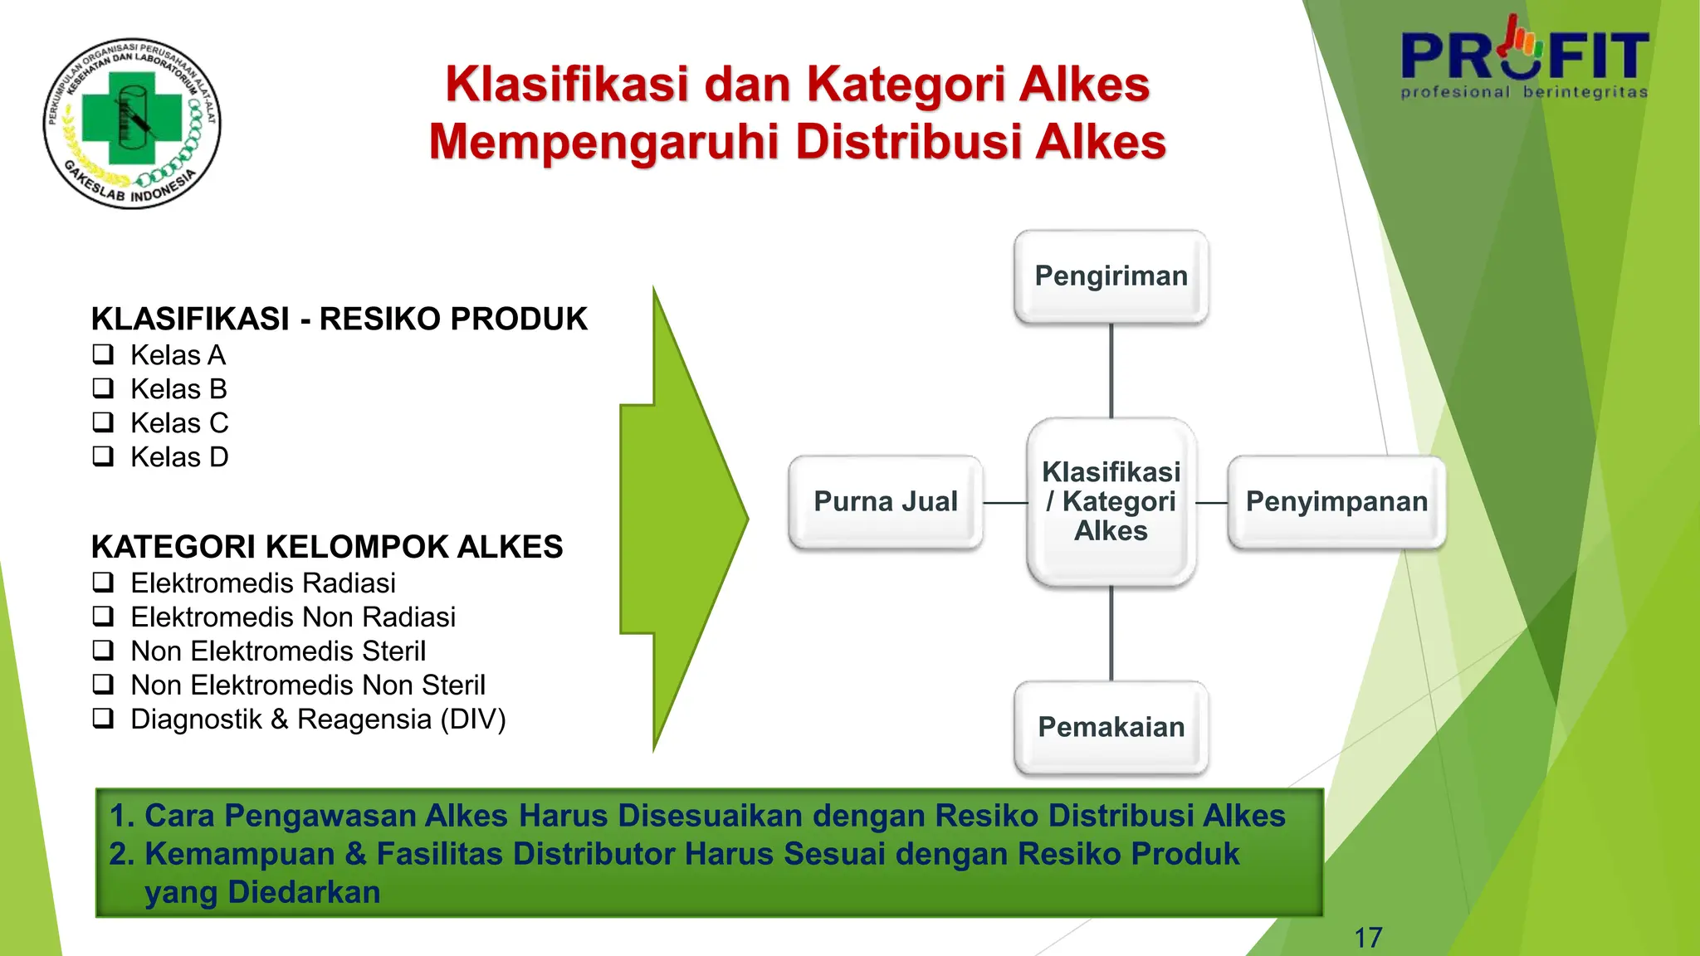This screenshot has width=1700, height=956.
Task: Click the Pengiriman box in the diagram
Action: [x=1111, y=276]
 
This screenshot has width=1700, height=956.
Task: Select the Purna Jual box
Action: [x=886, y=502]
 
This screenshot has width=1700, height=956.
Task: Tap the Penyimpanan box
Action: [x=1336, y=502]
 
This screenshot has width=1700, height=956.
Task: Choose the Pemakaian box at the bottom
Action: [x=1111, y=728]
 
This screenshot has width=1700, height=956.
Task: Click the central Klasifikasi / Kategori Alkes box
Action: [x=1111, y=501]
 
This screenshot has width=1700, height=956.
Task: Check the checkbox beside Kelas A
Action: [x=103, y=354]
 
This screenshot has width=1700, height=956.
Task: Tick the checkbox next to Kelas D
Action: [x=103, y=456]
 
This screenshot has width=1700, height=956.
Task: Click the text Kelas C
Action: [x=179, y=423]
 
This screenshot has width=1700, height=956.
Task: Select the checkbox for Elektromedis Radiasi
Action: [x=103, y=583]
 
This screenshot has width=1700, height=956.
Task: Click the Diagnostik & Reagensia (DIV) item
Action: [x=318, y=719]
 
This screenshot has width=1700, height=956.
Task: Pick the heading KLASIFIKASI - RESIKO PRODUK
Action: [x=339, y=319]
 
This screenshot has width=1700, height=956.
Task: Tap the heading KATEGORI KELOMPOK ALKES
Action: [x=327, y=548]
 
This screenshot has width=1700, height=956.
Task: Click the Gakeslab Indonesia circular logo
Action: [x=132, y=123]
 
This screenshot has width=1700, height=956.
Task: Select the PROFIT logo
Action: [x=1524, y=58]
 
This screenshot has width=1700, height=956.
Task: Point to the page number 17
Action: [x=1368, y=938]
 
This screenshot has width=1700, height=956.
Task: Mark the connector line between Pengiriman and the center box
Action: [x=1111, y=371]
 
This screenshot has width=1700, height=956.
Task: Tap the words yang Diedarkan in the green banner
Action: [x=262, y=893]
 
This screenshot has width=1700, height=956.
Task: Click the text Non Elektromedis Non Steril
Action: [x=308, y=685]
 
